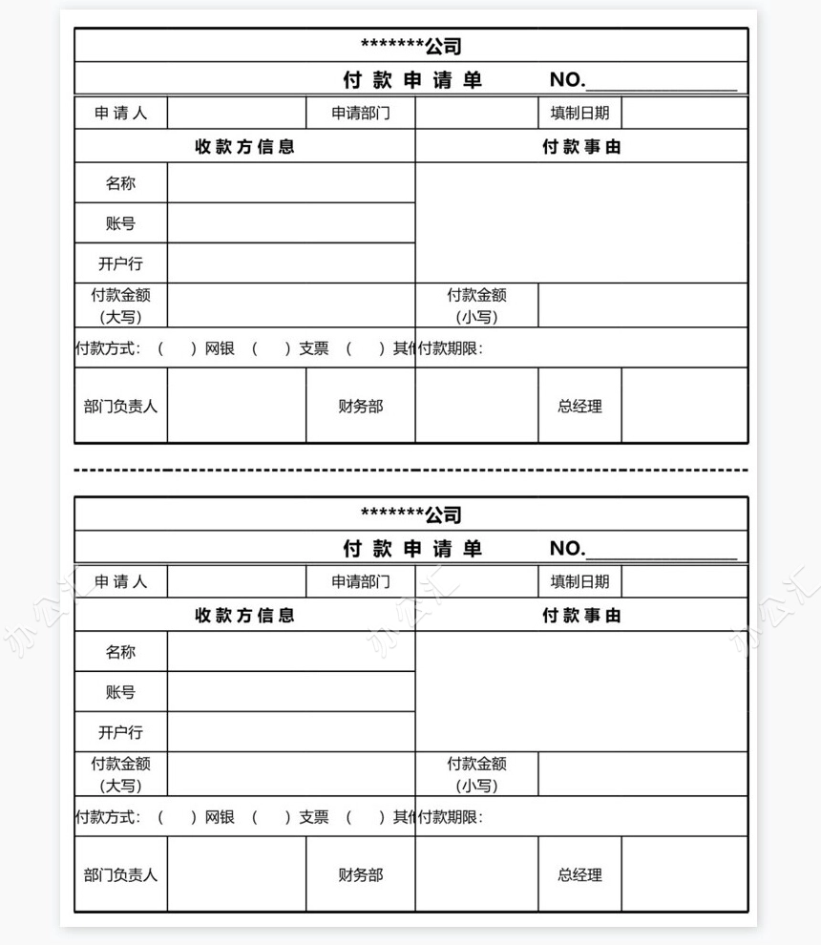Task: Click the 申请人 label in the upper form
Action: click(x=121, y=113)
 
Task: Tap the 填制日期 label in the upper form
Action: click(x=579, y=113)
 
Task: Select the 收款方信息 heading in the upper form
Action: click(x=245, y=147)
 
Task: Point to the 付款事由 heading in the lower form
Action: click(x=581, y=616)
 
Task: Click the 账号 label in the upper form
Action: click(x=121, y=223)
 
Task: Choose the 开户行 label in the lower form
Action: click(x=121, y=732)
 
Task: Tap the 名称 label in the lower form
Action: click(x=121, y=652)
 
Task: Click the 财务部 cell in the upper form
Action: click(x=361, y=406)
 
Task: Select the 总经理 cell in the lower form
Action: click(x=580, y=874)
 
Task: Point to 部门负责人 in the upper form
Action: click(x=121, y=406)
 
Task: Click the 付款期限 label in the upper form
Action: click(x=452, y=348)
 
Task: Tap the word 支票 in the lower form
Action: click(x=313, y=817)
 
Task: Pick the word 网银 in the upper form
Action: click(x=220, y=348)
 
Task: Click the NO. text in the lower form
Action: click(x=567, y=548)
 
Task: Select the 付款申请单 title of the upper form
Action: click(x=412, y=80)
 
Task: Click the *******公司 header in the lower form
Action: click(x=411, y=514)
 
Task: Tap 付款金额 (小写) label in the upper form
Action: click(x=476, y=306)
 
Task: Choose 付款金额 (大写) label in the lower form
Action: click(x=121, y=774)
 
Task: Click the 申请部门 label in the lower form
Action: click(x=361, y=581)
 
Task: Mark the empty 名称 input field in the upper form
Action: click(x=291, y=182)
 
